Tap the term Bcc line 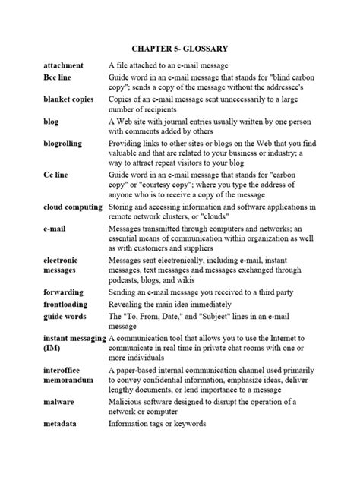point(58,79)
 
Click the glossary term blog point(51,122)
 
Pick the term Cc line point(56,174)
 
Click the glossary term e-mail point(55,227)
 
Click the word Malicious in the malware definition point(129,401)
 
